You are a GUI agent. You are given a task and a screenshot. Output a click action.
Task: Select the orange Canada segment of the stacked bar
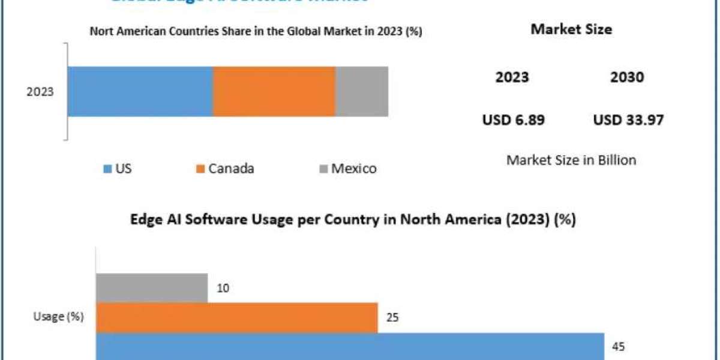pyautogui.click(x=274, y=91)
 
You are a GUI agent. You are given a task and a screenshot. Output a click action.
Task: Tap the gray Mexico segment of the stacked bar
pyautogui.click(x=361, y=91)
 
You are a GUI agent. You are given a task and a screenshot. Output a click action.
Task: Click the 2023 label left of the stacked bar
pyautogui.click(x=40, y=92)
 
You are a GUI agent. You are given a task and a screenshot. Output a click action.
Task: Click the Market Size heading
pyautogui.click(x=571, y=29)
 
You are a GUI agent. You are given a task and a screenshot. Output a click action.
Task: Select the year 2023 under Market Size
pyautogui.click(x=512, y=77)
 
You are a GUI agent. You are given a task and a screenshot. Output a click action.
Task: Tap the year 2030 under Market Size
pyautogui.click(x=627, y=77)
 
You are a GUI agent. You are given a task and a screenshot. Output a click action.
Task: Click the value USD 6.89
pyautogui.click(x=513, y=120)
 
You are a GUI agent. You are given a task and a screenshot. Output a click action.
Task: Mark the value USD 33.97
pyautogui.click(x=628, y=120)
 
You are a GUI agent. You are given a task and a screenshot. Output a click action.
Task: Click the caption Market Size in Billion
pyautogui.click(x=571, y=160)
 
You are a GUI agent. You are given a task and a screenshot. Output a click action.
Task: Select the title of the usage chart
pyautogui.click(x=353, y=220)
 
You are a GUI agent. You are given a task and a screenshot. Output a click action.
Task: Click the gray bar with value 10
pyautogui.click(x=152, y=288)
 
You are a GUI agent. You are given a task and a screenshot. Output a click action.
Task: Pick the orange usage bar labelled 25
pyautogui.click(x=236, y=317)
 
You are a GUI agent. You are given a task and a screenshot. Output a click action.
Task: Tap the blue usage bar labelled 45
pyautogui.click(x=350, y=347)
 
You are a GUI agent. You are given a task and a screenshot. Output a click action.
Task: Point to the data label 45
pyautogui.click(x=617, y=346)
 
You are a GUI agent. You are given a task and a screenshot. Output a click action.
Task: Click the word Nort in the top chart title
pyautogui.click(x=101, y=32)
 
